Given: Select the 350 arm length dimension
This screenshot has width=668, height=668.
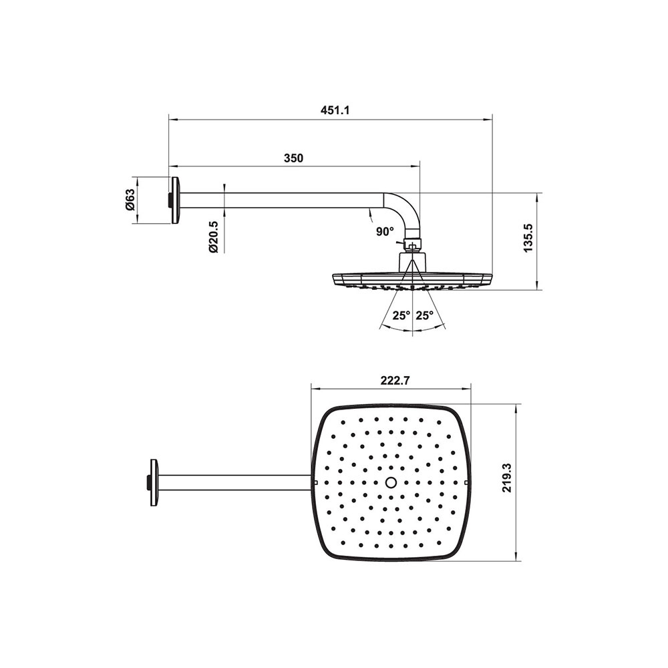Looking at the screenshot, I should (293, 158).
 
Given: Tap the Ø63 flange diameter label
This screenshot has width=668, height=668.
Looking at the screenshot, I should (130, 200).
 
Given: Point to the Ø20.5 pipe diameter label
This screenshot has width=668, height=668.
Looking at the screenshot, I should (213, 237).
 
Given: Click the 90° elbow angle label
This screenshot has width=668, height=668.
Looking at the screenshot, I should (385, 231).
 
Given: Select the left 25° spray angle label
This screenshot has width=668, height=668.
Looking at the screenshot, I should (401, 315).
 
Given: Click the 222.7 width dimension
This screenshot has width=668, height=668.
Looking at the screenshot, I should (394, 381).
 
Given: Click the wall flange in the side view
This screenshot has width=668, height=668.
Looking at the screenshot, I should (175, 200).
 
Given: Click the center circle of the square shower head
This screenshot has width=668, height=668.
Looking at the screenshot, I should (392, 482).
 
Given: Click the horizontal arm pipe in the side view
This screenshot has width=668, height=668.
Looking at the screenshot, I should (281, 200).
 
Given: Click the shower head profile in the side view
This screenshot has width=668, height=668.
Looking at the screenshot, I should (412, 279).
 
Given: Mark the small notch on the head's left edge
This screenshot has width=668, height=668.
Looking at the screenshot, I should (315, 482).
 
